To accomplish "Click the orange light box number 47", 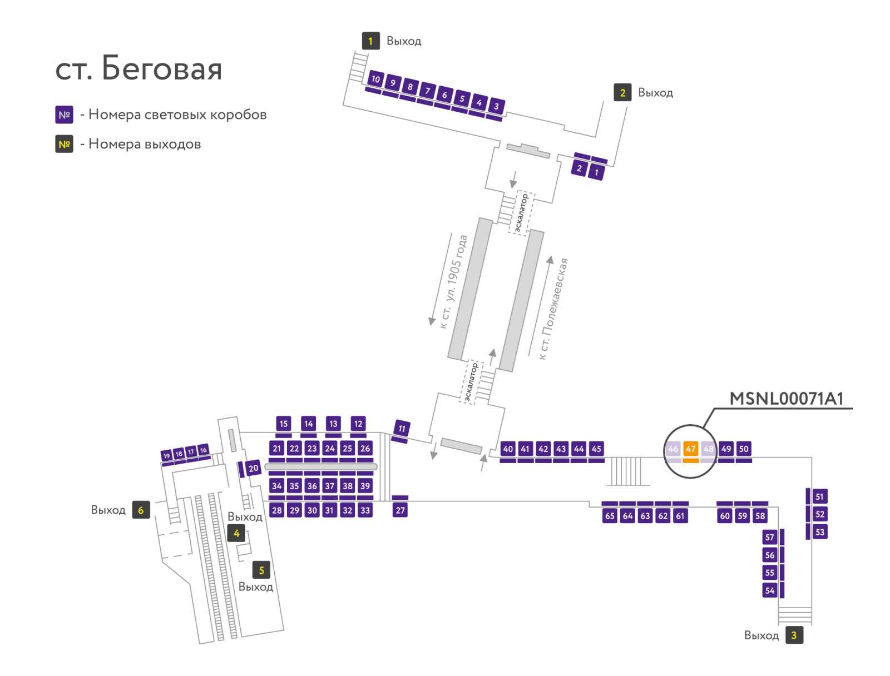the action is [x=690, y=449].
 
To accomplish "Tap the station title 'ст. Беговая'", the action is [x=139, y=68].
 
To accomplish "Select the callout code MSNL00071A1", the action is [x=786, y=399].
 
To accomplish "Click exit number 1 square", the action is [x=370, y=41].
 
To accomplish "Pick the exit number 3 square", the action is [x=794, y=635].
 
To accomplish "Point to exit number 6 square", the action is [x=141, y=510].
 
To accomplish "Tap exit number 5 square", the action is [x=261, y=570].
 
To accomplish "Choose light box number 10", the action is [x=375, y=79].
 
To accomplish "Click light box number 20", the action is [x=253, y=468].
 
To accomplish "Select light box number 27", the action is [x=400, y=510].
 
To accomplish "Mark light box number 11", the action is [x=402, y=429].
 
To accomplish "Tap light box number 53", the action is [x=819, y=532].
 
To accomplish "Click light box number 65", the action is [x=610, y=515].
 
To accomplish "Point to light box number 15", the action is [x=284, y=424].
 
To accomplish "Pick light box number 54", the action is [x=769, y=590].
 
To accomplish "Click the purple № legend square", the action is [x=64, y=115].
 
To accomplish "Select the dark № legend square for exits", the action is [x=64, y=144].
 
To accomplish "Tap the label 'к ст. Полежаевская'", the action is [x=553, y=309].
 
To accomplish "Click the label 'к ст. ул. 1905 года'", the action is [x=454, y=281].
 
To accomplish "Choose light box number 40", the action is [x=507, y=449].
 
